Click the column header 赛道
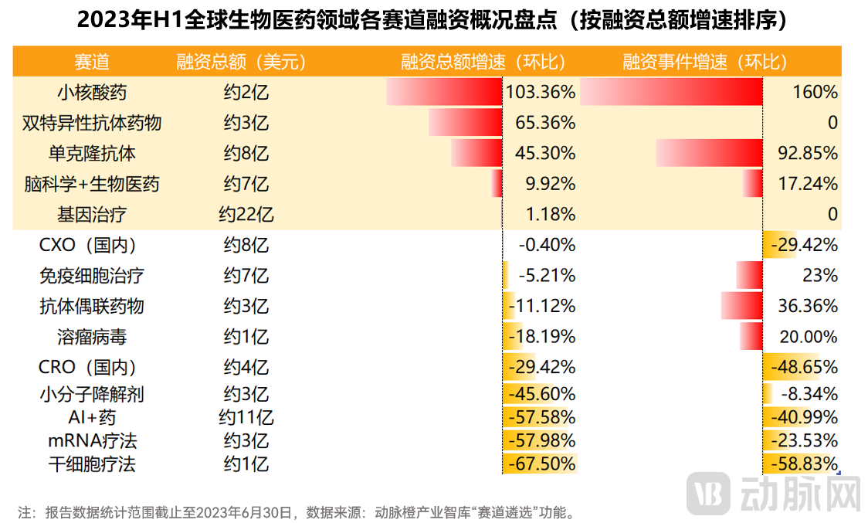(x=92, y=62)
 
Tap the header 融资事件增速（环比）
(x=705, y=62)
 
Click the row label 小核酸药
(x=92, y=93)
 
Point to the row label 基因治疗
(x=92, y=214)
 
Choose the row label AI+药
(x=92, y=418)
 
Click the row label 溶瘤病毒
(x=92, y=337)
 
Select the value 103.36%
(x=541, y=93)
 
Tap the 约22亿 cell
(x=246, y=214)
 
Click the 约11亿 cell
(x=246, y=418)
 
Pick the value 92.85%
(x=808, y=153)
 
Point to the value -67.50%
(x=541, y=464)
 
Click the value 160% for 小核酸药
(x=815, y=93)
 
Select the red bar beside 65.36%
(x=466, y=123)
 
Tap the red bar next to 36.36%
(x=741, y=306)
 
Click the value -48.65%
(x=804, y=367)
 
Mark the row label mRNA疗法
(x=92, y=441)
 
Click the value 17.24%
(x=808, y=184)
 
